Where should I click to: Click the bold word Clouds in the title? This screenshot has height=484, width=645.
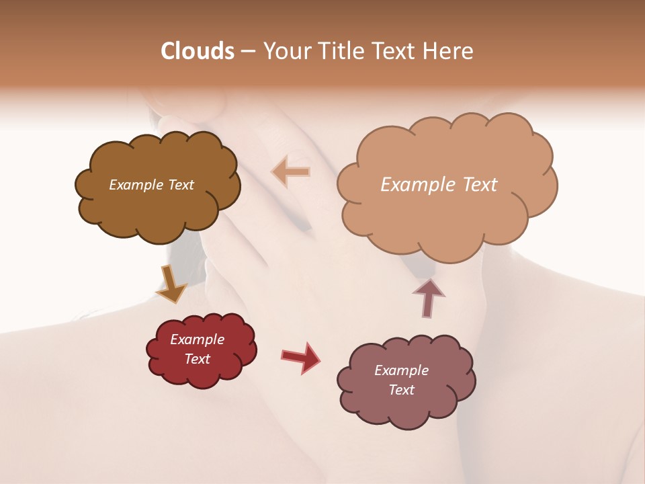click(x=197, y=51)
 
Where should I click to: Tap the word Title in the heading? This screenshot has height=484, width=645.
click(x=341, y=51)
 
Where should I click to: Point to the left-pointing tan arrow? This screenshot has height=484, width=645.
click(x=291, y=172)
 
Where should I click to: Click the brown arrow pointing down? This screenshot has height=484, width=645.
click(x=171, y=284)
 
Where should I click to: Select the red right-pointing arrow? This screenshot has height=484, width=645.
click(x=301, y=357)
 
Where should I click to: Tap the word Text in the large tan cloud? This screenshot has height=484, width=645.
click(x=480, y=185)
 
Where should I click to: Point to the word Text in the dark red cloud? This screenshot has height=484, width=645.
click(x=198, y=359)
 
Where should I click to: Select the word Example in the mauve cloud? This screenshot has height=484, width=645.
click(x=401, y=370)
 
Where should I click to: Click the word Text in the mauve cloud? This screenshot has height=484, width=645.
click(x=401, y=390)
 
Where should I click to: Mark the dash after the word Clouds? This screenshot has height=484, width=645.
click(x=247, y=52)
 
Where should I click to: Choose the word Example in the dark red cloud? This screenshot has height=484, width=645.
click(x=198, y=339)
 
